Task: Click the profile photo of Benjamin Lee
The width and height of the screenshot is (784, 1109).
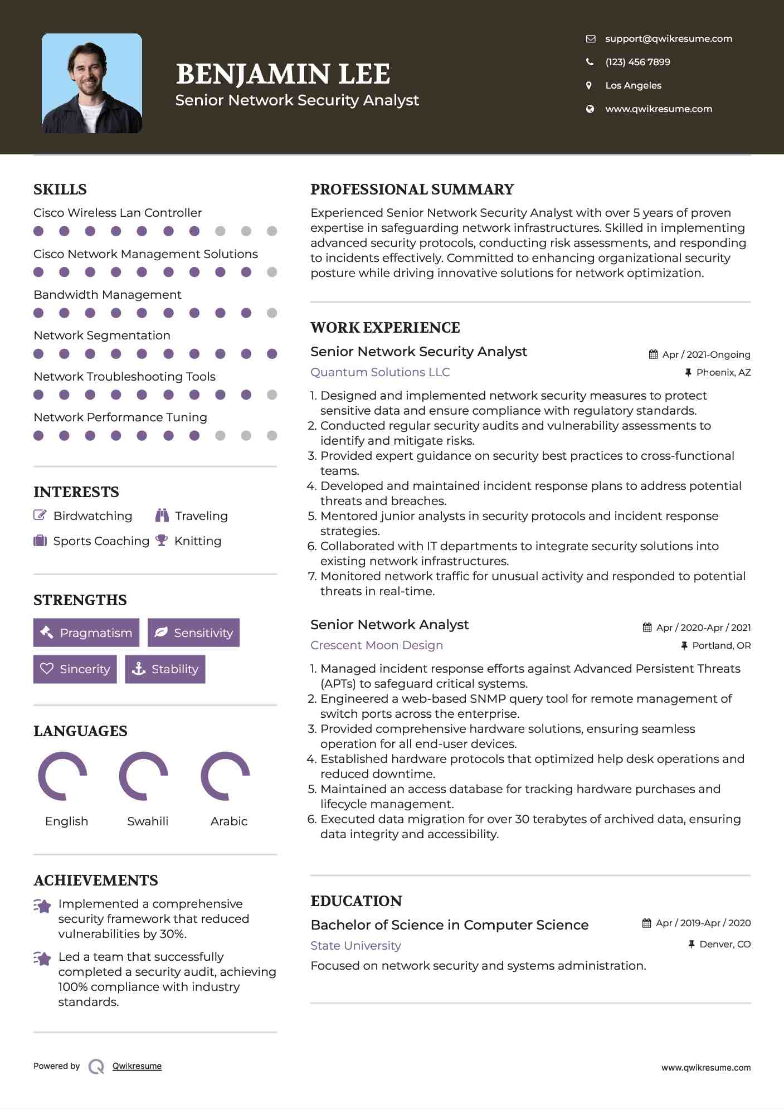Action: (x=92, y=83)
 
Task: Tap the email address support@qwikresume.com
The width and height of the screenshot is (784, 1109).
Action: (x=669, y=38)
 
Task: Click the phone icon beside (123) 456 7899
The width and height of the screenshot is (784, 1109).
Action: (x=590, y=62)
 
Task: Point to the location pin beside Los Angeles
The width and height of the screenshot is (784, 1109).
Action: (x=589, y=85)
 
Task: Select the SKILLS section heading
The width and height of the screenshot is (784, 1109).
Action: (x=60, y=189)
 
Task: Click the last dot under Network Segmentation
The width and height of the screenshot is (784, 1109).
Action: (x=272, y=354)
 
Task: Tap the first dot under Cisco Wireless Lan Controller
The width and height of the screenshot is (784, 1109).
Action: (x=38, y=231)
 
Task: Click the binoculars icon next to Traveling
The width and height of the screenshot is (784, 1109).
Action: (x=162, y=515)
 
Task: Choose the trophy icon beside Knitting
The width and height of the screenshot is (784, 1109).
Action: (x=162, y=541)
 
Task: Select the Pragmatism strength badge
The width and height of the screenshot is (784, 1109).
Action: (x=86, y=633)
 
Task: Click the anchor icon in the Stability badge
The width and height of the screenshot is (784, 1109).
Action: (x=138, y=669)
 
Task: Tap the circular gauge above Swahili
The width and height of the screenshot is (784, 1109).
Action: (x=143, y=776)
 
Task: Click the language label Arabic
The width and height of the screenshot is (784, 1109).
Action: (x=228, y=821)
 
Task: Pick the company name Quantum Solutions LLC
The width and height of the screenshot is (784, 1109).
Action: (x=380, y=372)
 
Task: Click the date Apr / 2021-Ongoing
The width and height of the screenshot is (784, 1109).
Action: (x=706, y=354)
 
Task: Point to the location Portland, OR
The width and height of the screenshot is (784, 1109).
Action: (x=721, y=645)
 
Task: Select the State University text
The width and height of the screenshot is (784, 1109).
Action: (x=356, y=945)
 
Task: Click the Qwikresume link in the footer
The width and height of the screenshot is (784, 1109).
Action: (x=137, y=1066)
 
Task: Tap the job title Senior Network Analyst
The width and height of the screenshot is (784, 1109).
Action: (x=389, y=624)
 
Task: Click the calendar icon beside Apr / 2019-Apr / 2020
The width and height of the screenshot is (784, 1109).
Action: (x=646, y=923)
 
